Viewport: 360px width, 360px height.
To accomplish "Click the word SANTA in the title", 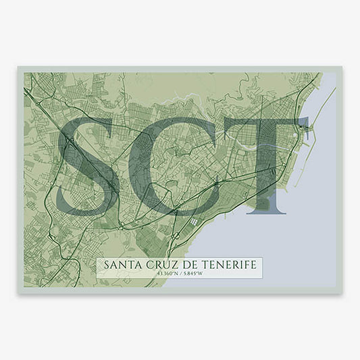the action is [x=120, y=264].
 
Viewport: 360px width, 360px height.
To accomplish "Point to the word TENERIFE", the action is [x=232, y=264].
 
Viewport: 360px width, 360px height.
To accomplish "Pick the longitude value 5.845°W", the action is [x=197, y=274].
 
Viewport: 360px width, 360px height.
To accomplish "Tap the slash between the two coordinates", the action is [x=184, y=274].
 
